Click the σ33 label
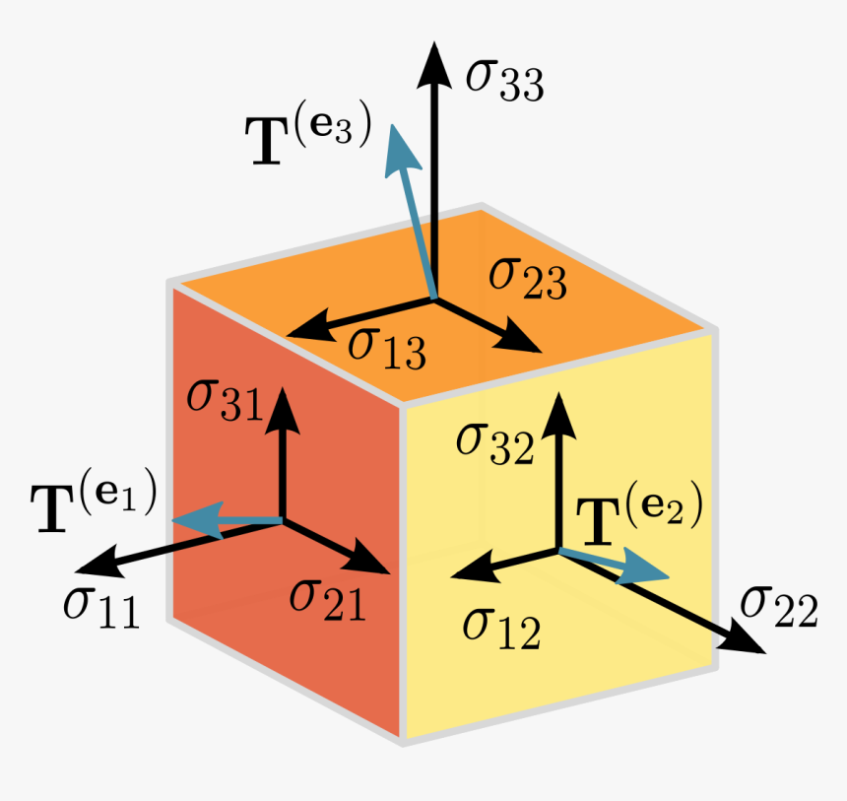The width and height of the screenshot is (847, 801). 505,81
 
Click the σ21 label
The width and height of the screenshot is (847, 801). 327,598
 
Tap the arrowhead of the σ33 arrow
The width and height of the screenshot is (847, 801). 430,61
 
